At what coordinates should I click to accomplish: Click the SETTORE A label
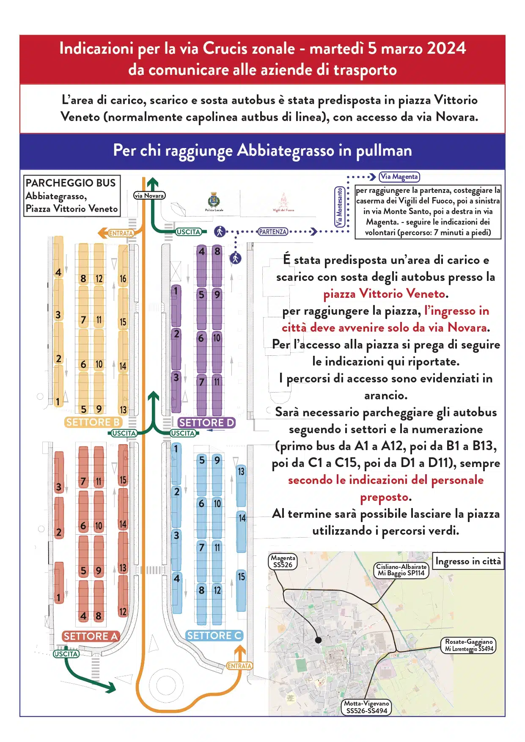tap(91, 636)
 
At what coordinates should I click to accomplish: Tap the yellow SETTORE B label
tap(93, 422)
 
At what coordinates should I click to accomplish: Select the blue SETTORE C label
tap(214, 635)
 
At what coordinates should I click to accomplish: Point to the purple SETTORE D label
tap(206, 423)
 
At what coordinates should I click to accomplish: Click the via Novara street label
tap(149, 195)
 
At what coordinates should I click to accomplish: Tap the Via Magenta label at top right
tap(399, 177)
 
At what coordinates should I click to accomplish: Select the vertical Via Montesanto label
tap(339, 207)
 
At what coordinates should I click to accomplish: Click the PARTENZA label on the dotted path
tap(273, 232)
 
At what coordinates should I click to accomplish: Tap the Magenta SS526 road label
tap(283, 561)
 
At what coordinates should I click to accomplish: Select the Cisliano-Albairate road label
tap(401, 570)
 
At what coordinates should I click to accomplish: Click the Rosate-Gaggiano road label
tap(469, 645)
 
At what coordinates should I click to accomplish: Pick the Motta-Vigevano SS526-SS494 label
tap(366, 707)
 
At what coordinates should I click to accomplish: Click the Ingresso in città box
tap(468, 561)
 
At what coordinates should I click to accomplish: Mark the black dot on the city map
tap(319, 640)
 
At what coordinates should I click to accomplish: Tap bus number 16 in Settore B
tap(123, 278)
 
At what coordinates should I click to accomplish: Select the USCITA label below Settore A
tap(66, 654)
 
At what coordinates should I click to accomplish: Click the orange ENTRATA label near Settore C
tap(239, 666)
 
